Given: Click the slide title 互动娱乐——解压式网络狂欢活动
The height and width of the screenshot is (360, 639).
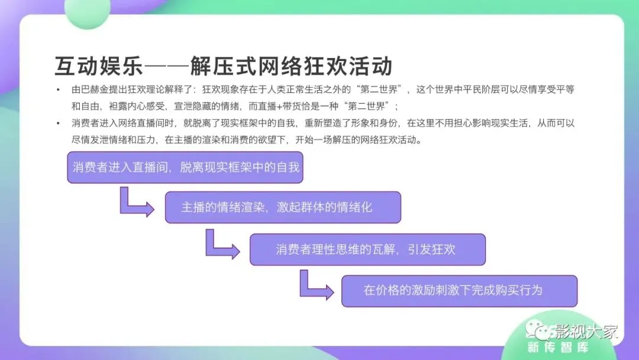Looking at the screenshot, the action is (x=224, y=66).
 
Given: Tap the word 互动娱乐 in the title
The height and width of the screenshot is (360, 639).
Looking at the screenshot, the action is (x=98, y=66).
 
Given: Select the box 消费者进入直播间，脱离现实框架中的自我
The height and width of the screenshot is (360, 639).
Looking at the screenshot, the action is (x=186, y=167).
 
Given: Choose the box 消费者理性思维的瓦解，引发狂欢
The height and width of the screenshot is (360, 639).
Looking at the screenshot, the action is (x=367, y=249).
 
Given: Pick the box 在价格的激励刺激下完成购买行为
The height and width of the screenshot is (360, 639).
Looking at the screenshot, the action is (x=459, y=291).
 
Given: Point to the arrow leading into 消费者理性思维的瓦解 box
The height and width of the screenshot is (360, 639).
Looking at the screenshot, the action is (x=221, y=246).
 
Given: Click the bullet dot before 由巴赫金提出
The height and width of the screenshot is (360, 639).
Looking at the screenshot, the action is (x=57, y=90).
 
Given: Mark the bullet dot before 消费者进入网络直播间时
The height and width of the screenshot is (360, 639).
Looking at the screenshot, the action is (x=57, y=124).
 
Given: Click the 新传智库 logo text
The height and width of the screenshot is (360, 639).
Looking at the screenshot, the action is (x=557, y=348).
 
